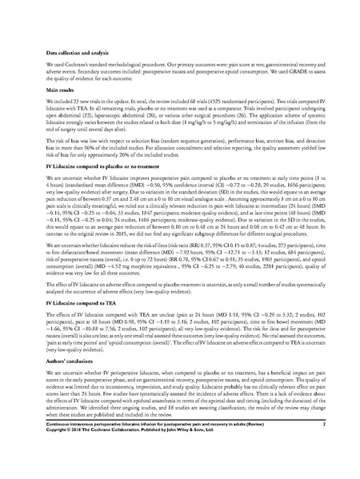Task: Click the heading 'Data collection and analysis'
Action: pos(71,30)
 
